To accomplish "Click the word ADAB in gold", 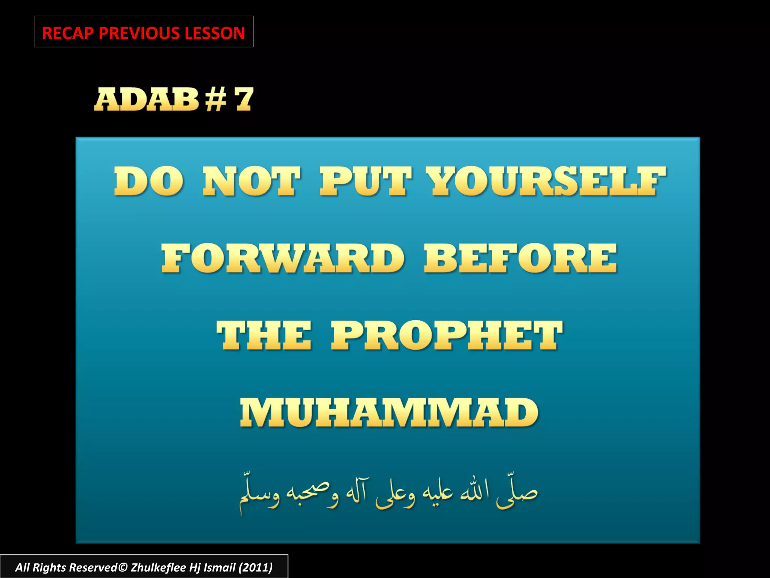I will (147, 99).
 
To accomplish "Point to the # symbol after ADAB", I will (216, 99).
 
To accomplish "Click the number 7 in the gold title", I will (244, 99).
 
